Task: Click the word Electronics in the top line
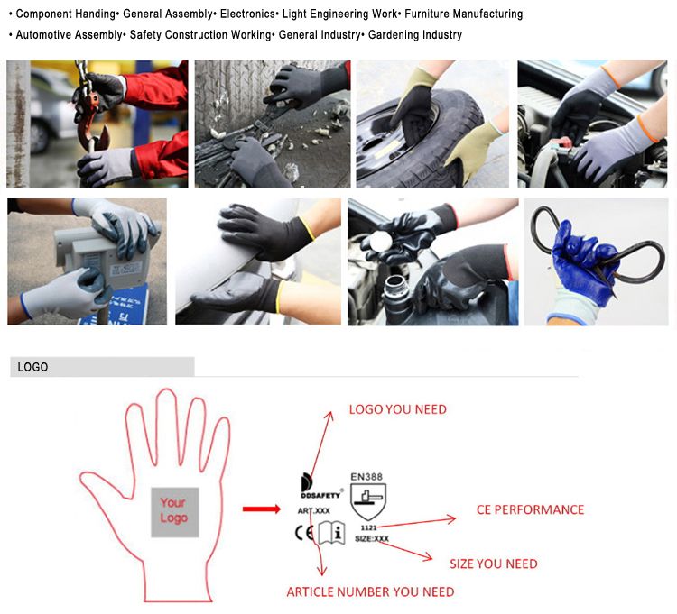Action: (x=247, y=14)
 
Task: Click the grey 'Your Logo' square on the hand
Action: (x=175, y=512)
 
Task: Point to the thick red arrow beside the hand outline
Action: (x=262, y=509)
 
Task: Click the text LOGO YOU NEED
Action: (x=398, y=409)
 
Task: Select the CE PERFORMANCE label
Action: (x=530, y=509)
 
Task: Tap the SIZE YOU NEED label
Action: (x=494, y=564)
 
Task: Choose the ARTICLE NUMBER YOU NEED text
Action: (x=370, y=591)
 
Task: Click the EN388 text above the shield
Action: (x=366, y=476)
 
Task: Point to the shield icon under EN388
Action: (x=368, y=501)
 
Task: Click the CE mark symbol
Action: (x=304, y=533)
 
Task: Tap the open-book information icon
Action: (x=331, y=533)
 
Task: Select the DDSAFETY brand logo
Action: (x=320, y=487)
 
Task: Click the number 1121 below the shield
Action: (x=368, y=527)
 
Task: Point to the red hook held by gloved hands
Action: (x=92, y=120)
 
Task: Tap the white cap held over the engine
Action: (x=379, y=240)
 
